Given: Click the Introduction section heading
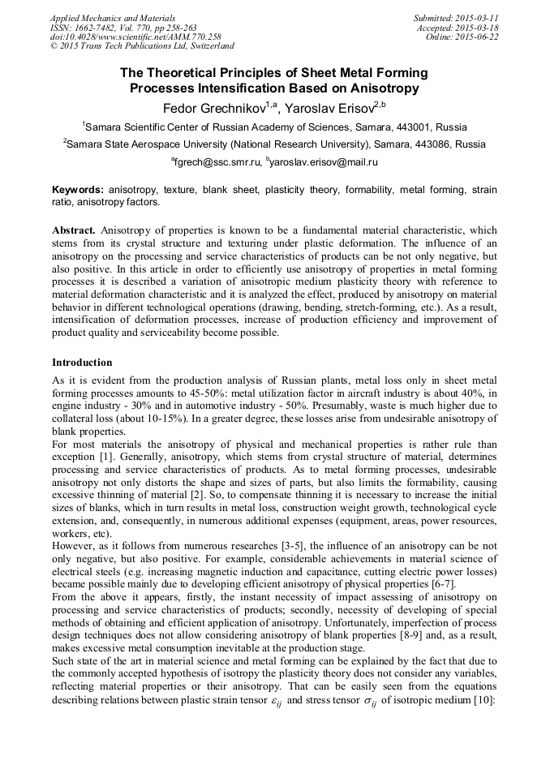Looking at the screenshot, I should point(82,362).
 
